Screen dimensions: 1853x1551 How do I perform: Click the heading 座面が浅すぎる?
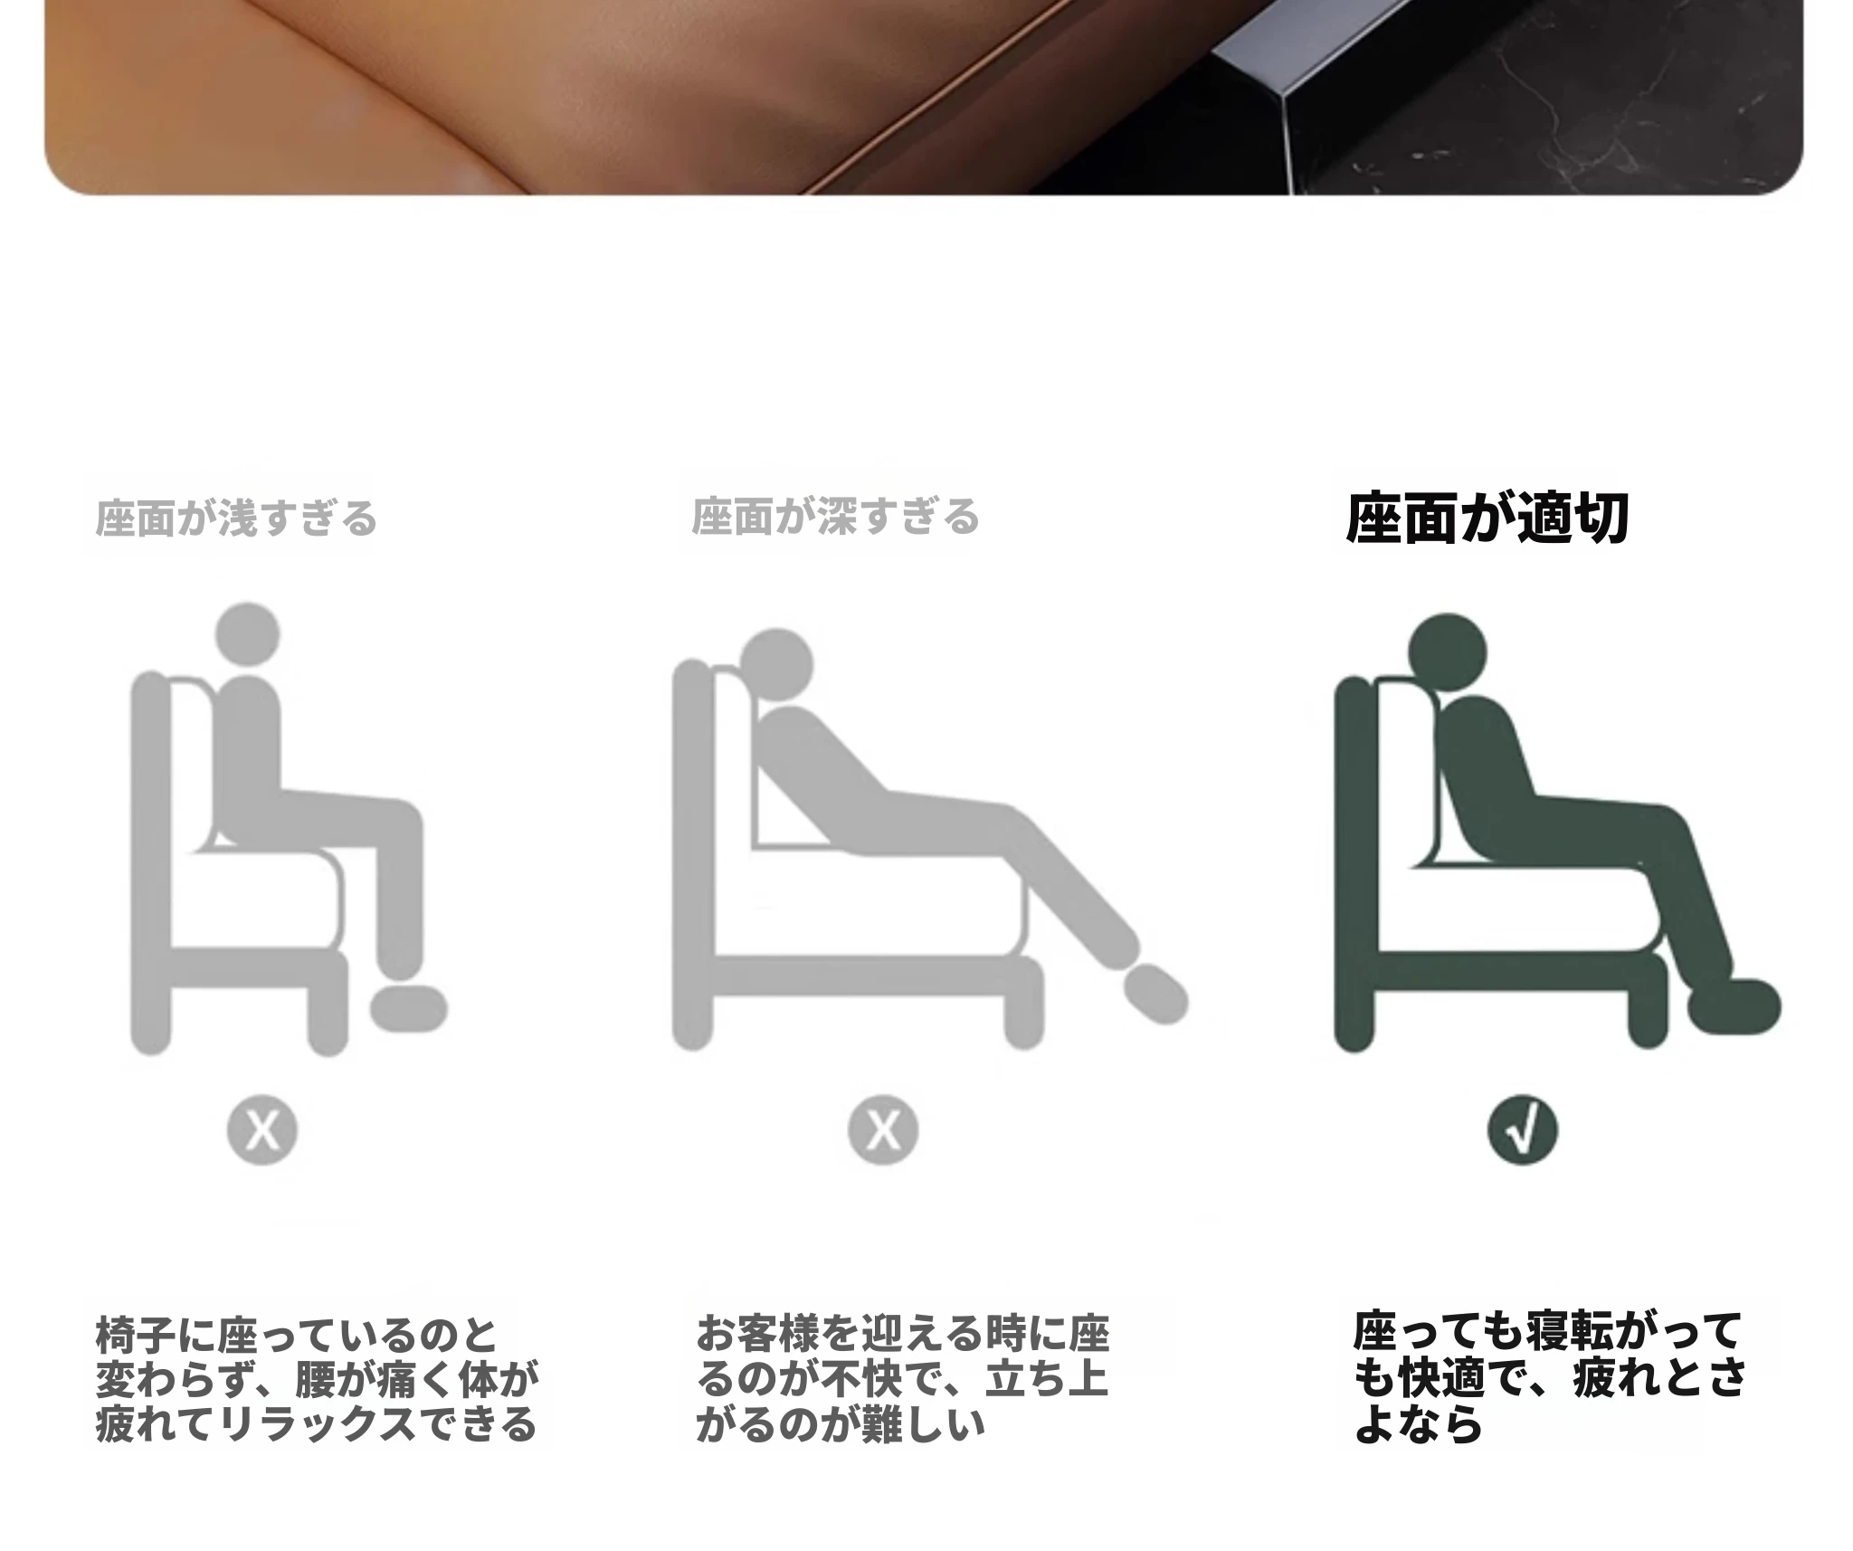[x=235, y=519]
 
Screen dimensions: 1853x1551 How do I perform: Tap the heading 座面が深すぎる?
[x=835, y=517]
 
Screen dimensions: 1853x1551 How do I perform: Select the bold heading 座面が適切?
[x=1487, y=519]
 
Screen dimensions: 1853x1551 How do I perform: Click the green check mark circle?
[x=1523, y=1131]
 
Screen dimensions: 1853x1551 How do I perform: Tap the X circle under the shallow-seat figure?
[x=262, y=1130]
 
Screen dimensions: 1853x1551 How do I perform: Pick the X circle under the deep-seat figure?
[x=883, y=1130]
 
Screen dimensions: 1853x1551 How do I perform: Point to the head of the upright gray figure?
[x=247, y=635]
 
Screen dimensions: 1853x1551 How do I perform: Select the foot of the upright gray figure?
[x=409, y=1008]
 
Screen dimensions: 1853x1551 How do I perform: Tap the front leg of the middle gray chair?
[x=1024, y=1004]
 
